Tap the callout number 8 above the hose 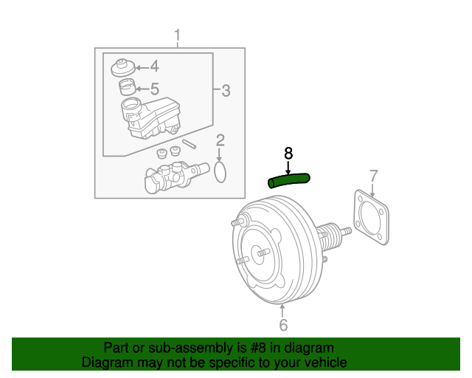pyautogui.click(x=288, y=153)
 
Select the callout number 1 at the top pyautogui.click(x=177, y=35)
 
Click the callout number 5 pyautogui.click(x=154, y=89)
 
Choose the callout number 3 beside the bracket pyautogui.click(x=226, y=91)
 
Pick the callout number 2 pyautogui.click(x=220, y=141)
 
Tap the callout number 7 pyautogui.click(x=373, y=176)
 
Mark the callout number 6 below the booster pyautogui.click(x=283, y=325)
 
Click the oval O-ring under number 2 pyautogui.click(x=220, y=173)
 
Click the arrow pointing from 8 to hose pyautogui.click(x=288, y=167)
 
